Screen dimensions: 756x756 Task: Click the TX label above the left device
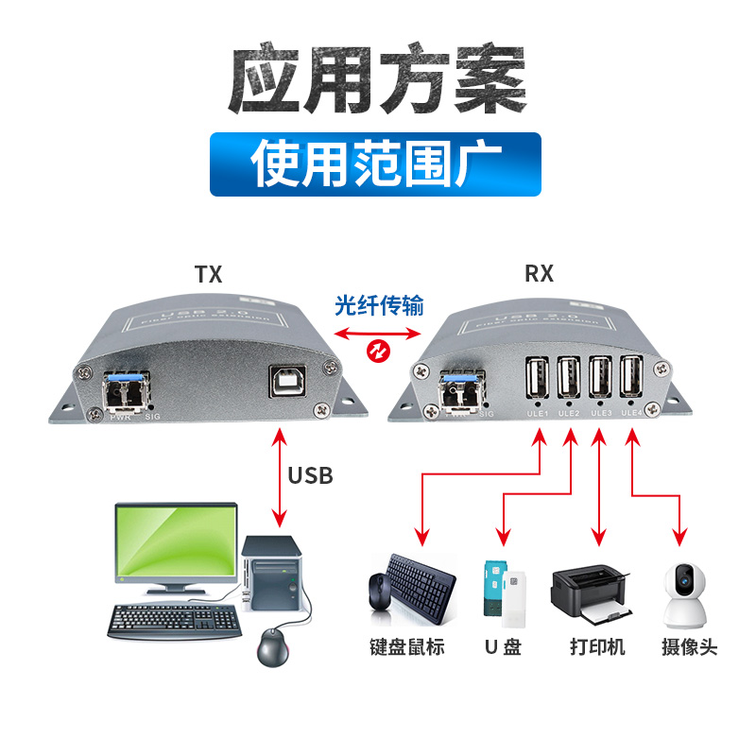[x=208, y=275]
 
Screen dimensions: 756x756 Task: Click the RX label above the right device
[x=539, y=275]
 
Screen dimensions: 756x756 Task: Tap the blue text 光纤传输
[x=379, y=305]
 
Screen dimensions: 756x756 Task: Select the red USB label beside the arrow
[x=310, y=474]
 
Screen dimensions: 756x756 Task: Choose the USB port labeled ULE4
[x=630, y=378]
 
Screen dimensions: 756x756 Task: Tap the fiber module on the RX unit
[x=460, y=388]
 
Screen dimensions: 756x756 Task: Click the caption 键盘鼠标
[x=406, y=647]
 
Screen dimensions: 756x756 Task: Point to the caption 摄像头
[x=690, y=647]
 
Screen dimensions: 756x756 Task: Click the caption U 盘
[x=502, y=647]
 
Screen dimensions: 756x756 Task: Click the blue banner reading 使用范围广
[x=375, y=163]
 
